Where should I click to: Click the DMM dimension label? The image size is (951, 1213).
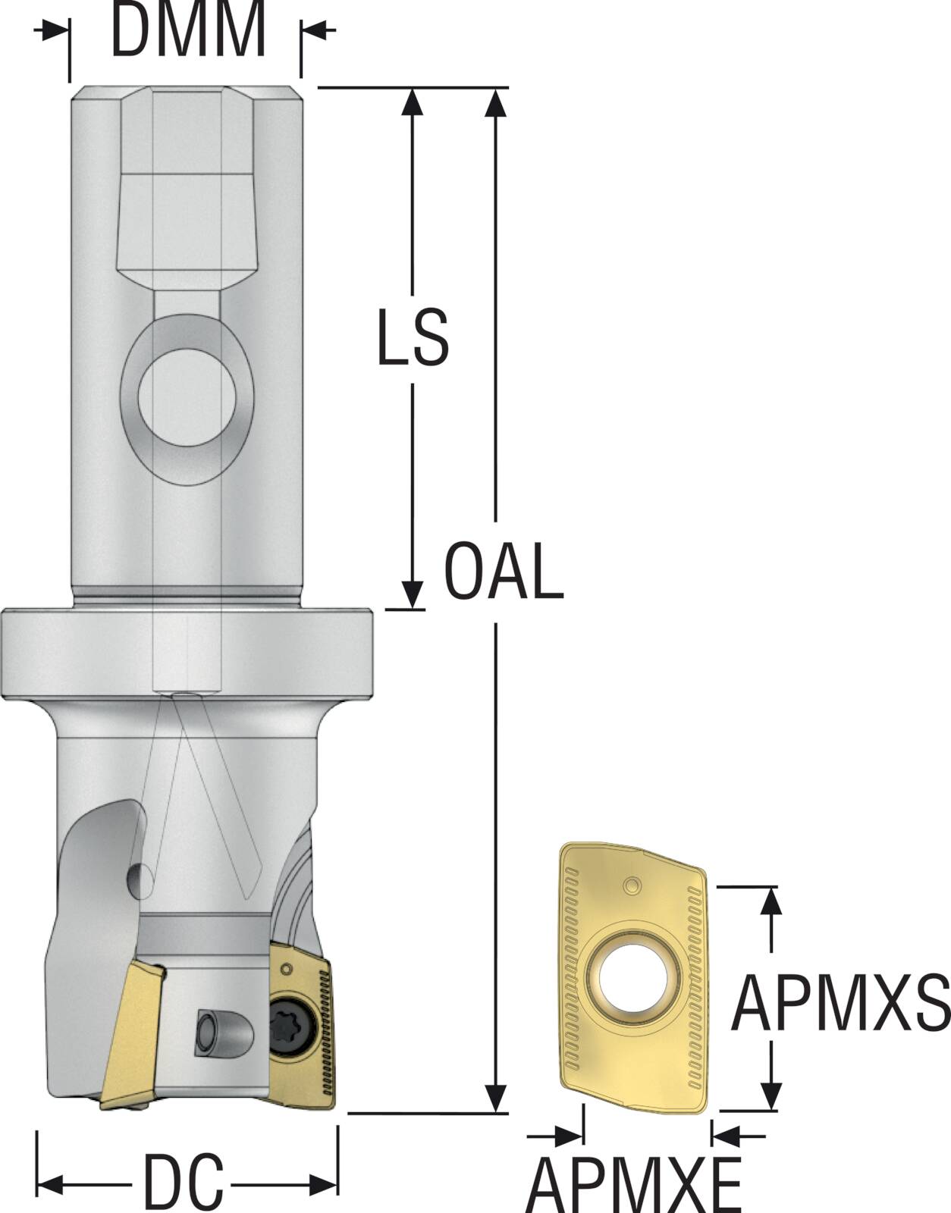(x=188, y=30)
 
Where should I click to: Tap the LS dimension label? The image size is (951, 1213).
(x=413, y=337)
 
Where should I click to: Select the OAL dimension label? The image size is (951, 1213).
(x=504, y=570)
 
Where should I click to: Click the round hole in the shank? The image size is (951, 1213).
(x=187, y=397)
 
